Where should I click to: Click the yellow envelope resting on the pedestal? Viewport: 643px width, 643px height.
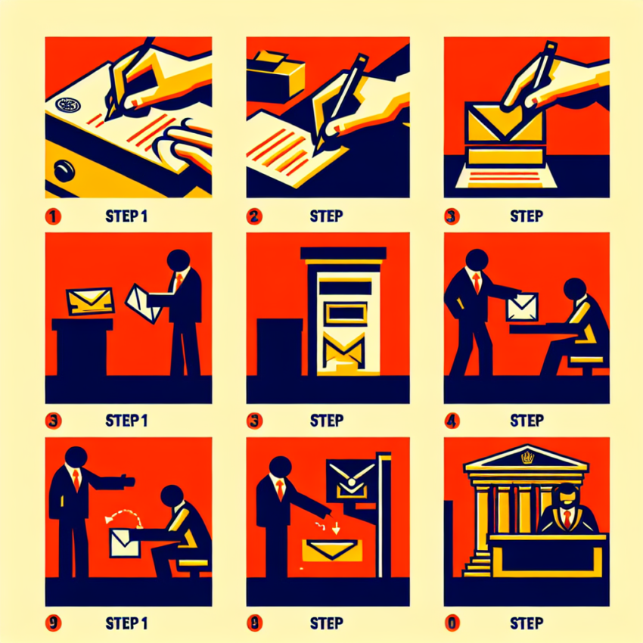(x=89, y=301)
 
